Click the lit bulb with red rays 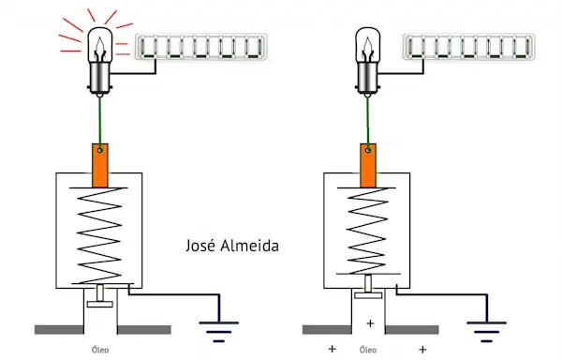[x=100, y=61]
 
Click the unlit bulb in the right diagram [x=368, y=61]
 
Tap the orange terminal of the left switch [x=100, y=165]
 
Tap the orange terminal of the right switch [x=368, y=165]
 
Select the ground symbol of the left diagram [x=218, y=332]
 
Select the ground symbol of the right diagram [x=486, y=332]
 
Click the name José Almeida [x=232, y=246]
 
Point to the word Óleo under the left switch [x=100, y=350]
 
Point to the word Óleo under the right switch [x=368, y=350]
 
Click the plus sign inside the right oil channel [x=370, y=323]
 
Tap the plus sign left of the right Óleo [x=333, y=349]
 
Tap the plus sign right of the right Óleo [x=423, y=349]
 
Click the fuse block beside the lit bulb [x=201, y=47]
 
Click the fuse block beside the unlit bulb [x=469, y=47]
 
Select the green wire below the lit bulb [x=100, y=123]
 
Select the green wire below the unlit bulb [x=368, y=123]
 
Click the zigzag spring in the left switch [x=99, y=235]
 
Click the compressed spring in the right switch [x=367, y=231]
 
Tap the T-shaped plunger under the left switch [x=100, y=296]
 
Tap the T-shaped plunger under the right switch [x=368, y=287]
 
